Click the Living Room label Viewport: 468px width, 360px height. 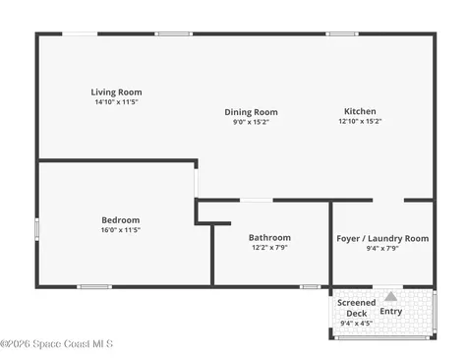pyautogui.click(x=116, y=92)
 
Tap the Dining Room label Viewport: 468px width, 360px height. pyautogui.click(x=251, y=112)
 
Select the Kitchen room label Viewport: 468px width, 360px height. pyautogui.click(x=360, y=111)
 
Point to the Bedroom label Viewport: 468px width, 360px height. pyautogui.click(x=121, y=220)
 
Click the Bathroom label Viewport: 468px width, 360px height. pyautogui.click(x=269, y=237)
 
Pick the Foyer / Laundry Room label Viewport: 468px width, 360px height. pyautogui.click(x=382, y=238)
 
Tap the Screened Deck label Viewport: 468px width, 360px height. pyautogui.click(x=357, y=308)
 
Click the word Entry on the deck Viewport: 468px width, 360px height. pyautogui.click(x=391, y=311)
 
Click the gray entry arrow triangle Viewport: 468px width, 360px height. pyautogui.click(x=390, y=297)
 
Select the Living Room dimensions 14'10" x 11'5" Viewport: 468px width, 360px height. pyautogui.click(x=116, y=102)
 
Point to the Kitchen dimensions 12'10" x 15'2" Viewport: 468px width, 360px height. pyautogui.click(x=360, y=121)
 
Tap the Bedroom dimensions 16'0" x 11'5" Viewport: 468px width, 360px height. pyautogui.click(x=121, y=230)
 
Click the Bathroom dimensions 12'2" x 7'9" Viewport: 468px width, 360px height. pyautogui.click(x=269, y=247)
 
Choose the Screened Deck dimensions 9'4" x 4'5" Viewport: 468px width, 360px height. pyautogui.click(x=356, y=323)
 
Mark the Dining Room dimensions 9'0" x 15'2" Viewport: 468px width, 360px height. pyautogui.click(x=251, y=122)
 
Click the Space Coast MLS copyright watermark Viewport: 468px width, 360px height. pyautogui.click(x=56, y=343)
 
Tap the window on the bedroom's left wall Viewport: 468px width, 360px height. pyautogui.click(x=37, y=229)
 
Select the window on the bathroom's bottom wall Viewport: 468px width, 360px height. pyautogui.click(x=310, y=287)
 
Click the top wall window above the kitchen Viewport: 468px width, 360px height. pyautogui.click(x=342, y=33)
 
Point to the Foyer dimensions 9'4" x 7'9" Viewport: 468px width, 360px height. pyautogui.click(x=382, y=248)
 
